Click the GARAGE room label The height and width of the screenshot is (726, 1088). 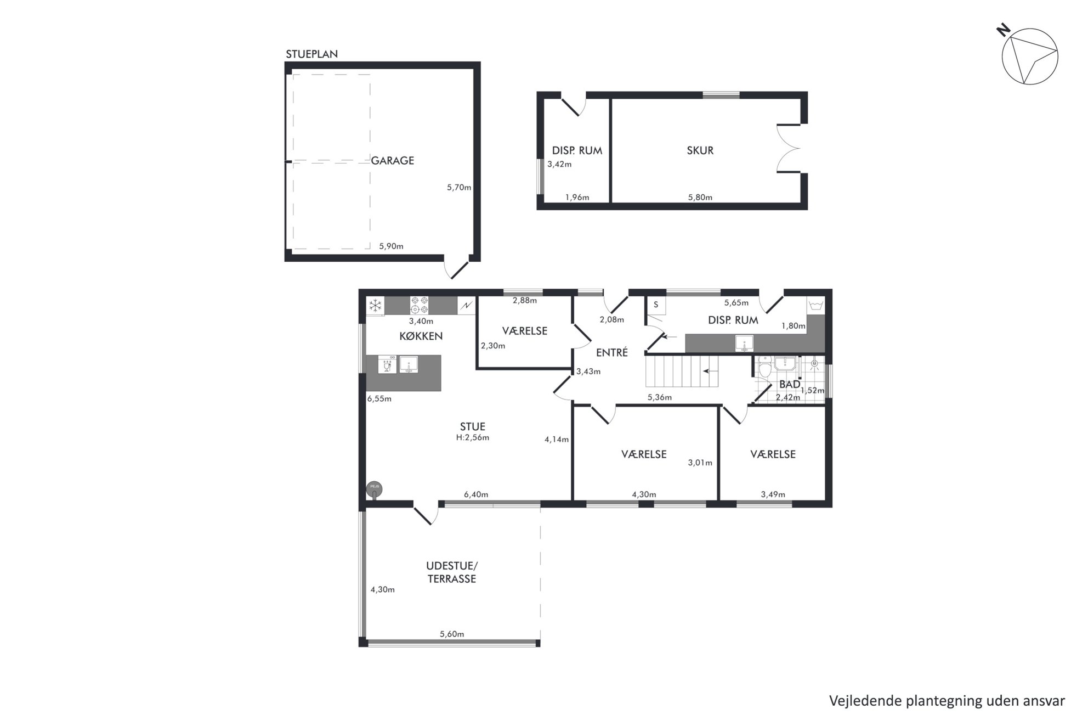point(392,161)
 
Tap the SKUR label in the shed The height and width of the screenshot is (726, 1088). point(700,150)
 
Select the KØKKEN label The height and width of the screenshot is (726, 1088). point(421,336)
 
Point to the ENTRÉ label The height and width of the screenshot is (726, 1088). point(611,352)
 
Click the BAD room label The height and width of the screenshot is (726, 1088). point(790,384)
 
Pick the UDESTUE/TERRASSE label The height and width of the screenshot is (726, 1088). point(452,572)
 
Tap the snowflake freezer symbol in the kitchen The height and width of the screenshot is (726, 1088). point(375,306)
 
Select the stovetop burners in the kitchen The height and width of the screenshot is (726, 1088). point(420,305)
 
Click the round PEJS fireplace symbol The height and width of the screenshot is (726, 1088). point(375,488)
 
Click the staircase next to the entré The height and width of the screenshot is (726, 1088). point(681,371)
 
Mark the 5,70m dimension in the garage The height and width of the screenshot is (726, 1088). point(459,187)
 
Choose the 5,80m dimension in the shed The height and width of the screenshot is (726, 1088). point(700,198)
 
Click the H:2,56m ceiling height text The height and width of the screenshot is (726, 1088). point(473,437)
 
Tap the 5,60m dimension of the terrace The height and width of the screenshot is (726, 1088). point(452,634)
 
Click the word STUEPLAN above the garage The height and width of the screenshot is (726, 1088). point(311,54)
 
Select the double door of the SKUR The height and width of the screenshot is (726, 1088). point(789,148)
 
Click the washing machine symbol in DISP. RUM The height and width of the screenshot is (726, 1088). point(815,305)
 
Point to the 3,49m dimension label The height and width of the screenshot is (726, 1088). point(773,494)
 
